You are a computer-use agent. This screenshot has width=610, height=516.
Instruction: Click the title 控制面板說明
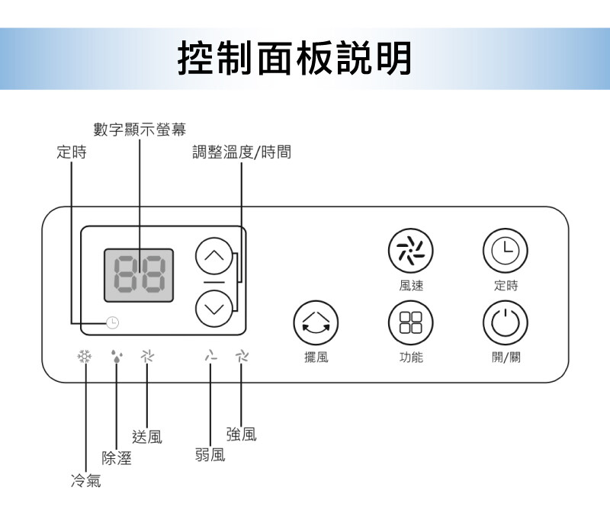(x=294, y=58)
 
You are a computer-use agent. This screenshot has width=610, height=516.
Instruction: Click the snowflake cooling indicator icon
(x=84, y=356)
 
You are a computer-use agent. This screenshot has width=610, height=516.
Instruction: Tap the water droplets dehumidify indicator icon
(x=116, y=356)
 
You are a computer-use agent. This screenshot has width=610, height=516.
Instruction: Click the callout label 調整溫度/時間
(x=242, y=152)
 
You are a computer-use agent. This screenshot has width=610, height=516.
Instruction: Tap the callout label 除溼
(x=117, y=458)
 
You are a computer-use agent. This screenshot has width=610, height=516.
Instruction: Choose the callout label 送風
(x=146, y=437)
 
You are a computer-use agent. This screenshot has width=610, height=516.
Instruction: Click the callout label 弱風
(x=210, y=456)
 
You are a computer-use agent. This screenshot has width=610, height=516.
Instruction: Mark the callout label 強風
(x=241, y=434)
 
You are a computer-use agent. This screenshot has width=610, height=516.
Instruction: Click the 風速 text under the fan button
(x=411, y=286)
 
